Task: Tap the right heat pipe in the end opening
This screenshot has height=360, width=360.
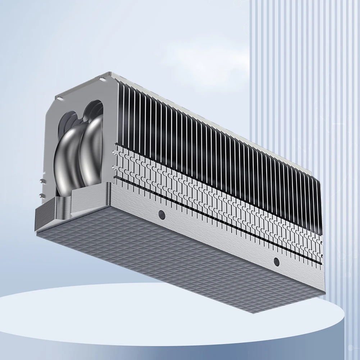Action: pyautogui.click(x=90, y=151)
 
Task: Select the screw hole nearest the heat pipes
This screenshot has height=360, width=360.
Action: pyautogui.click(x=161, y=215)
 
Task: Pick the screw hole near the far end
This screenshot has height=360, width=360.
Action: pyautogui.click(x=276, y=261)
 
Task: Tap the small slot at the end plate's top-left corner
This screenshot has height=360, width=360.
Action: pyautogui.click(x=58, y=97)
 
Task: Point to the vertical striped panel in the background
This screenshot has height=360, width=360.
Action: pyautogui.click(x=306, y=90)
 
